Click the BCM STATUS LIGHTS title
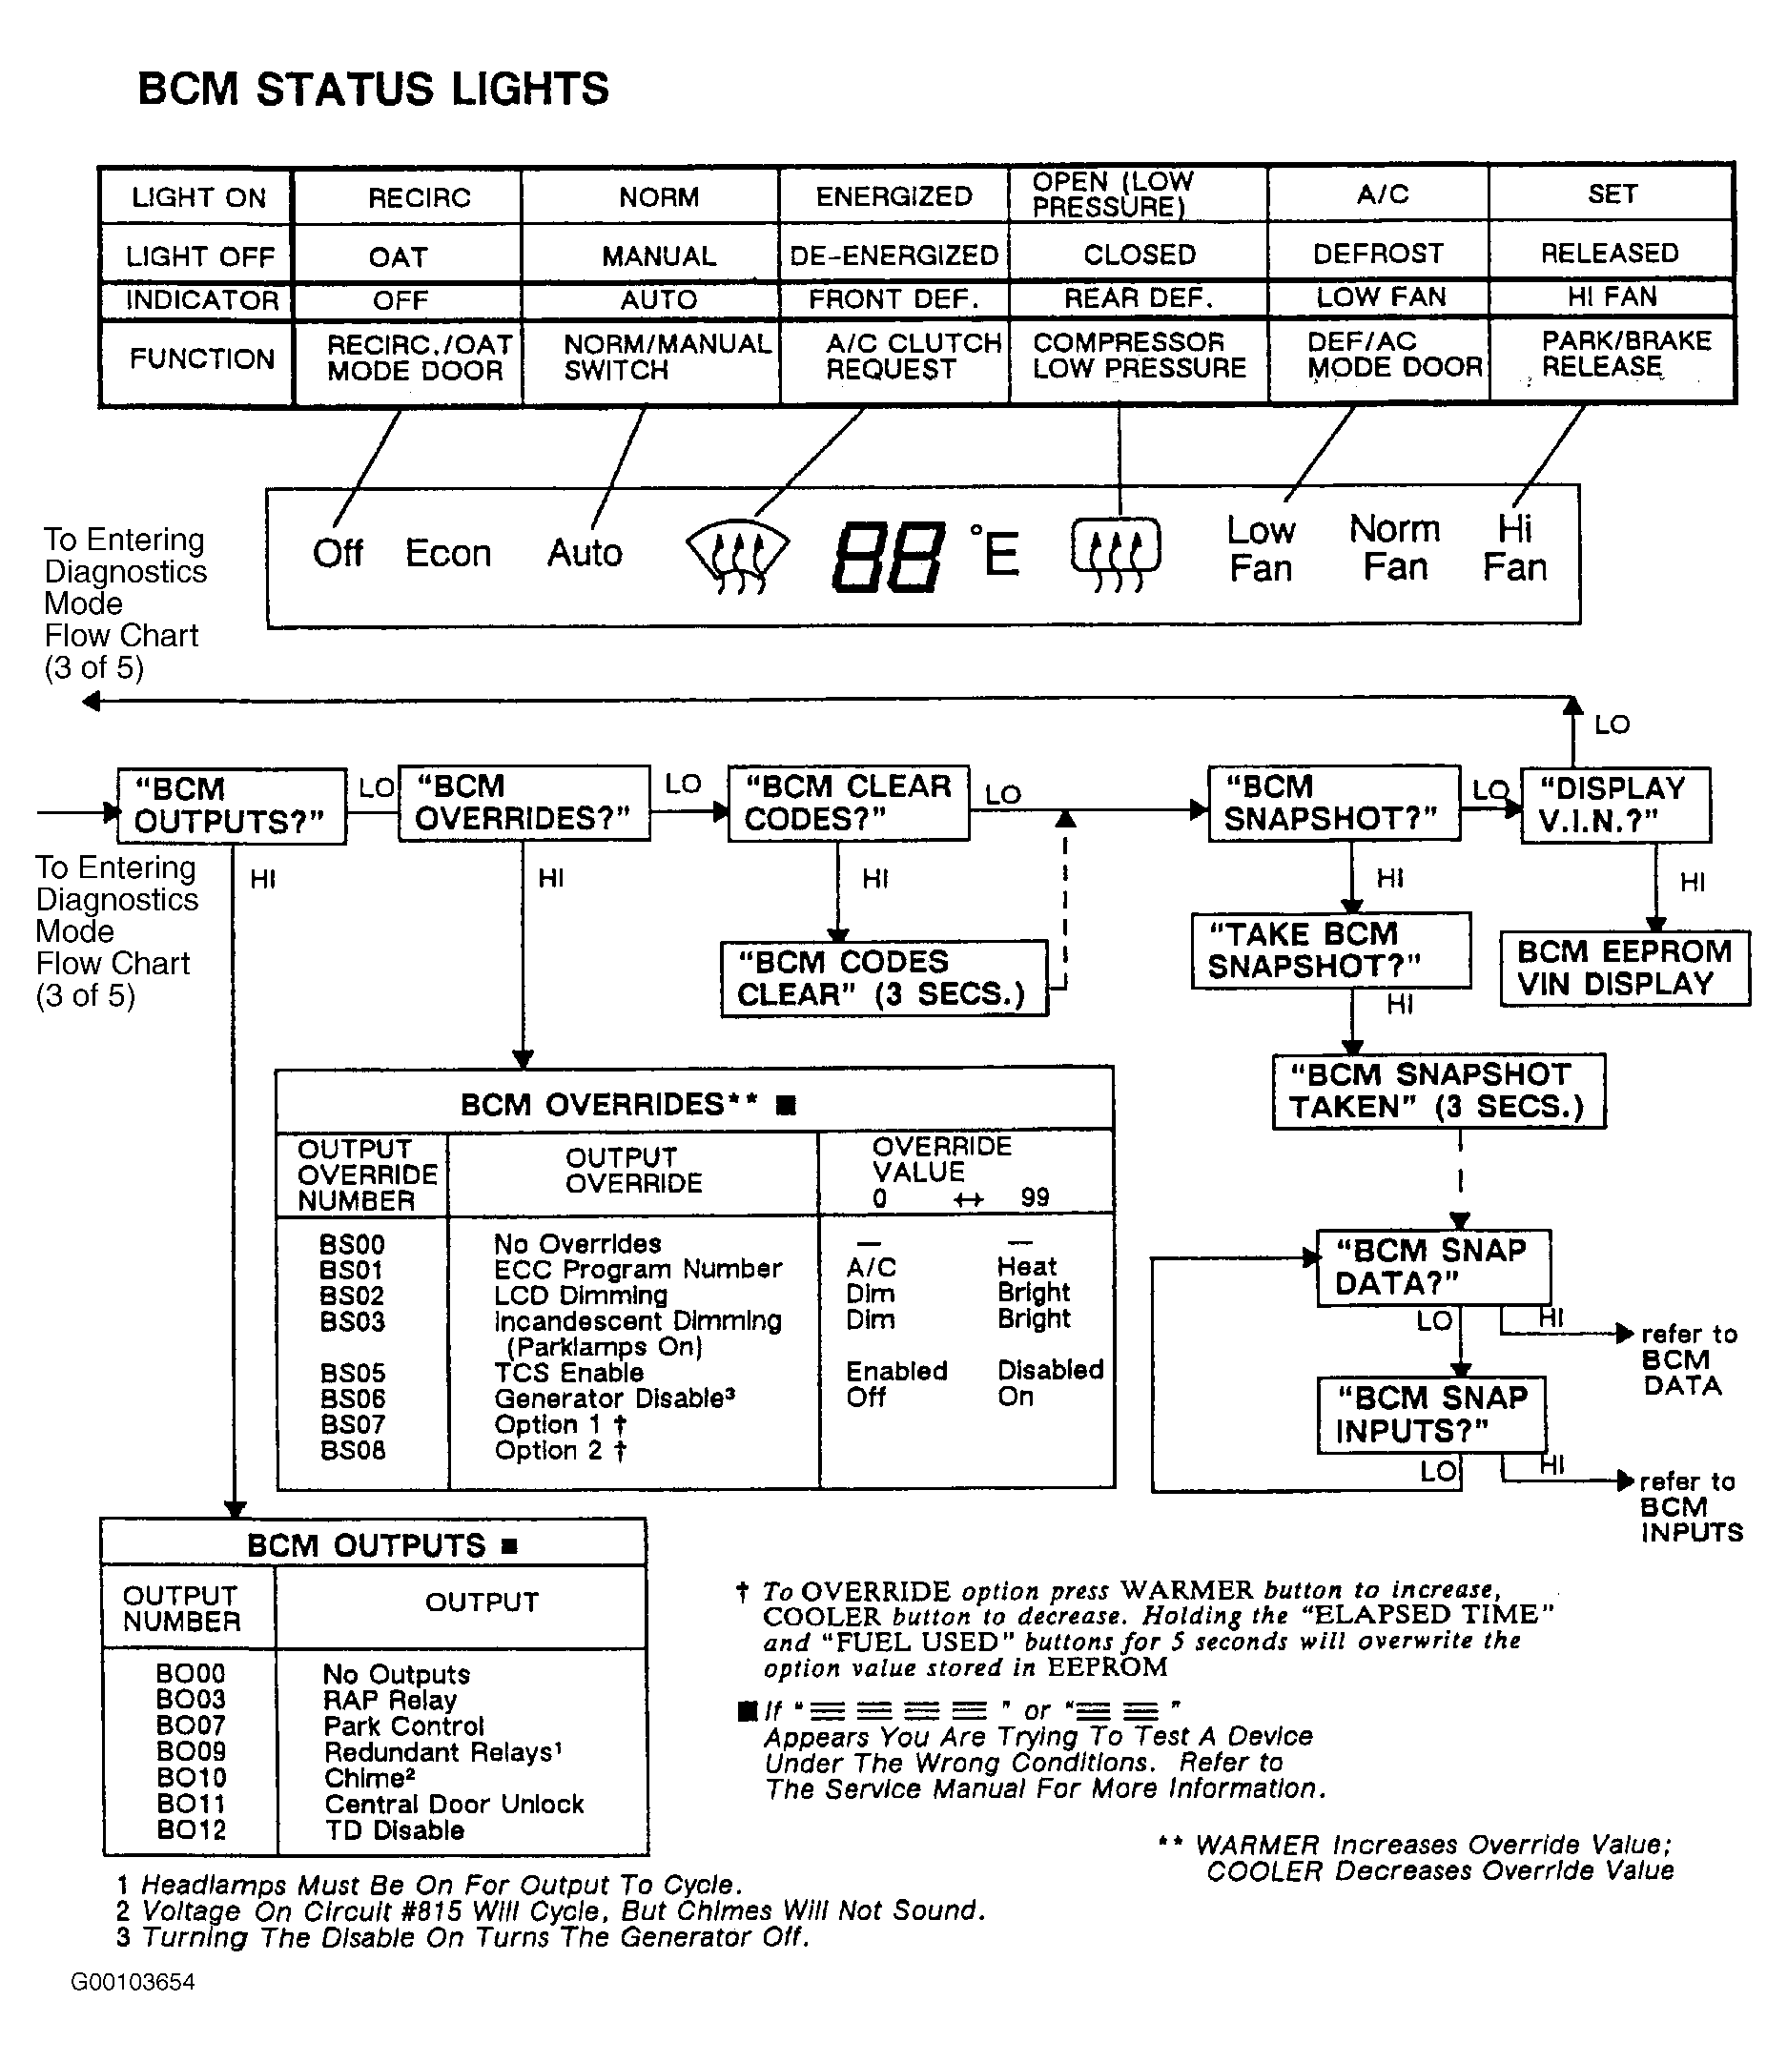tap(373, 89)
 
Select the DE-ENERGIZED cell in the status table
tap(893, 255)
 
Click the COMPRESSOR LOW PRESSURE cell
tap(1139, 355)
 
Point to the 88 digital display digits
tap(888, 557)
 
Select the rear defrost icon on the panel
tap(1116, 553)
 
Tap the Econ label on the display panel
tap(448, 553)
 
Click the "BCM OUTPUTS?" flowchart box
tap(232, 806)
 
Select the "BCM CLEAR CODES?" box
tap(848, 803)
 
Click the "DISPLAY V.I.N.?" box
tap(1614, 805)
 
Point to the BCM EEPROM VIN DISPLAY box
tap(1625, 968)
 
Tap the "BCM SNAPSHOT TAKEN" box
tap(1438, 1091)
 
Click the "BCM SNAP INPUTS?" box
tap(1431, 1414)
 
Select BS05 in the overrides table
tap(352, 1373)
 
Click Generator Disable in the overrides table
tap(614, 1398)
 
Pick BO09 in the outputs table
tap(191, 1752)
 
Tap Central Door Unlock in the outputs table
tap(454, 1804)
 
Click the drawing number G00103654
tap(133, 1981)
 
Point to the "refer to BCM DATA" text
tap(1687, 1360)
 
